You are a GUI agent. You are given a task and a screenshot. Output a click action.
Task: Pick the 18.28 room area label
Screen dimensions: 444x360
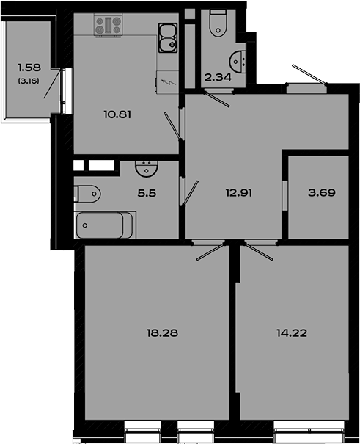coord(163,333)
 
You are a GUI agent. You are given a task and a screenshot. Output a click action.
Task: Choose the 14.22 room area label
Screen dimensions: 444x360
coord(293,333)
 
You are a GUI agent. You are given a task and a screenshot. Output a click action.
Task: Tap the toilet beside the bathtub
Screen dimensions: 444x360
coord(88,195)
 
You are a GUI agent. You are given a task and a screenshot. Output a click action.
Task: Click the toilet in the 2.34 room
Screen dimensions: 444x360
coord(218,24)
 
